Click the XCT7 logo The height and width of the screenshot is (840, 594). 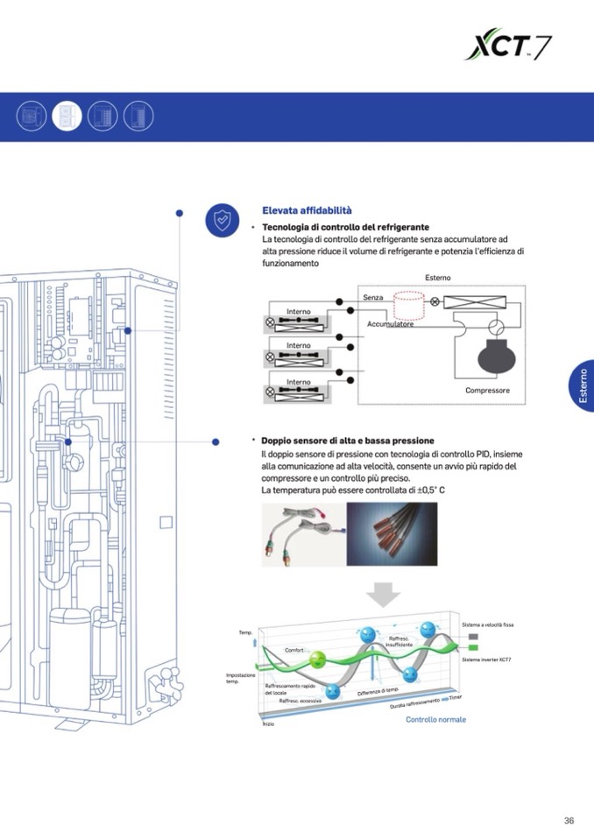[507, 44]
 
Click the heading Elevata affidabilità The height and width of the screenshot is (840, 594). [307, 210]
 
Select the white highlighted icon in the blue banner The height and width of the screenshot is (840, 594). [67, 116]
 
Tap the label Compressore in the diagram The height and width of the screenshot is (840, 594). [487, 391]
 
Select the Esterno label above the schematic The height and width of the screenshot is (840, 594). [438, 278]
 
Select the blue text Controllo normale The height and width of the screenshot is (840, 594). [435, 720]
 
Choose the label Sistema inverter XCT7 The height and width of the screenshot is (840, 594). [486, 659]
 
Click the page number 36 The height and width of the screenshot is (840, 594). [569, 821]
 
